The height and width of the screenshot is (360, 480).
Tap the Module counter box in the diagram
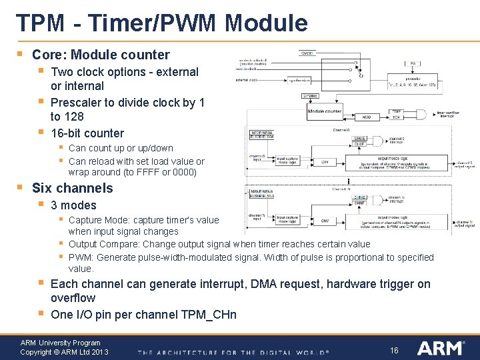325,111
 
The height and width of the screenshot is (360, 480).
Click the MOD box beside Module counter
365,117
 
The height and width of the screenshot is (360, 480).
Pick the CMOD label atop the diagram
307,53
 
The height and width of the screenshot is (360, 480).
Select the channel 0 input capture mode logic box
289,161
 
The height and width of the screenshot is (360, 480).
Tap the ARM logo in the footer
439,347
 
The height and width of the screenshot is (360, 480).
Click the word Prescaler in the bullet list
77,102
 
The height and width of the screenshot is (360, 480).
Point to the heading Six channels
73,188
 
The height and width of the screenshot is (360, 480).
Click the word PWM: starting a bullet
82,257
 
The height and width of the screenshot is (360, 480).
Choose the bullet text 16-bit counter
87,133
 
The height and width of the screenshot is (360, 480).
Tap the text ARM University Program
60,343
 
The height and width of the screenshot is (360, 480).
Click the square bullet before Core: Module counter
20,53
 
